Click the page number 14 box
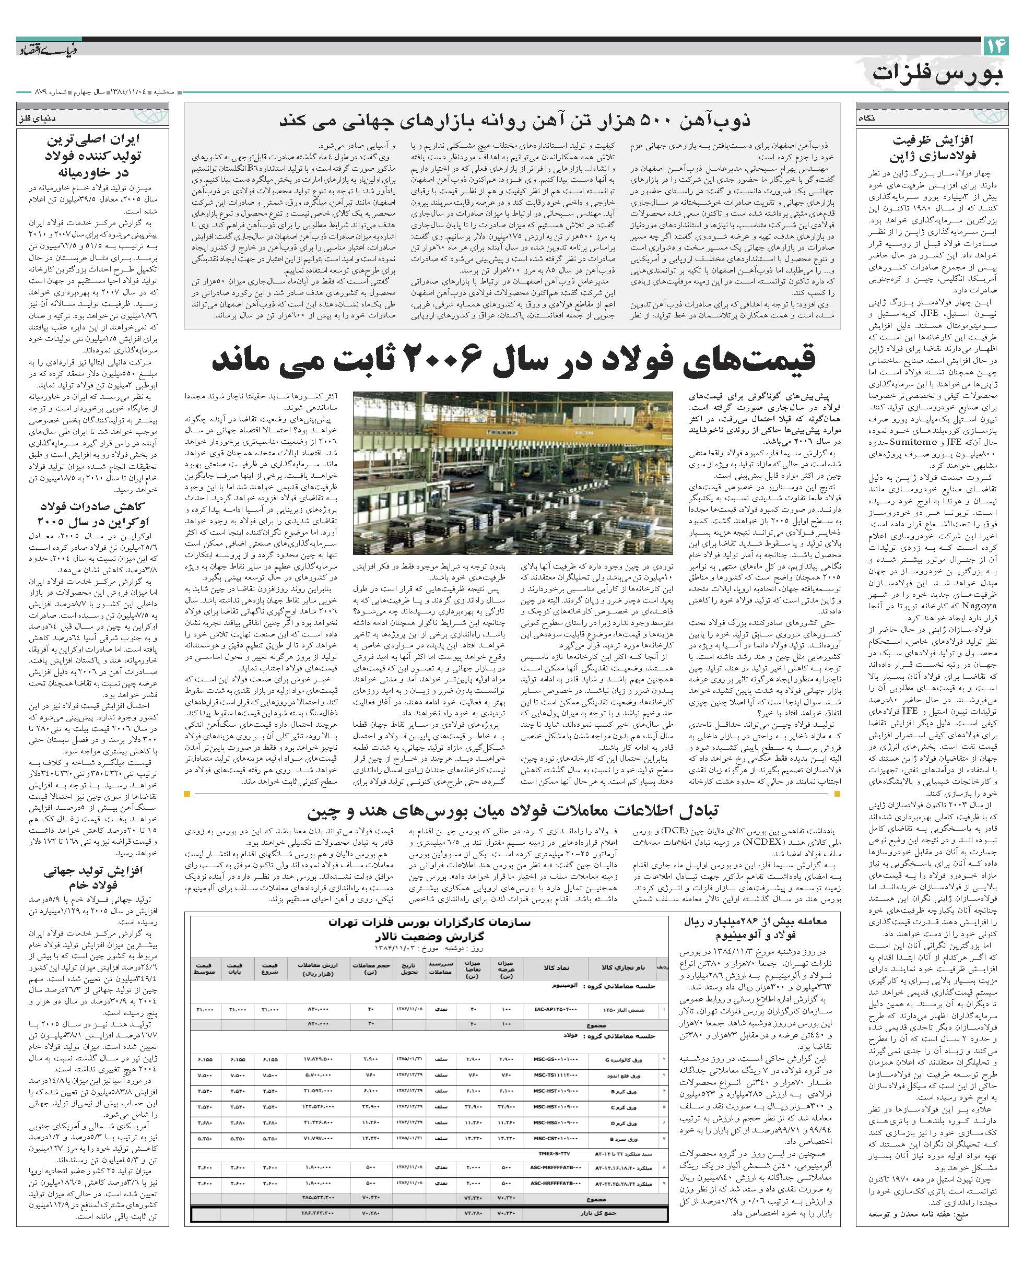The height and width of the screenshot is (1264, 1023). (995, 47)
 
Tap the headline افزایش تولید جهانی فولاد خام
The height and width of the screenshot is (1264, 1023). (92, 878)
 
